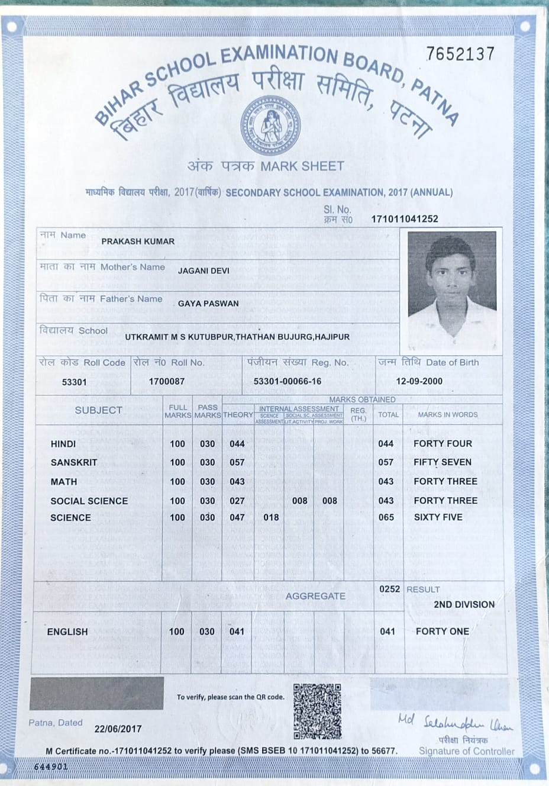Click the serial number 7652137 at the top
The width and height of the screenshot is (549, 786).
click(460, 54)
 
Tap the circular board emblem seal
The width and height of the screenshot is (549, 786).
click(270, 126)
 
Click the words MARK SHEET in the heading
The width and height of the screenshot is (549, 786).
click(302, 166)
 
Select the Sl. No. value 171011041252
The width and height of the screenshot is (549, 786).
click(405, 219)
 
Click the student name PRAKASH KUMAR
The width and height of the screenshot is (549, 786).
click(138, 241)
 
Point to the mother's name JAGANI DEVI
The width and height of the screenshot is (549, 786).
click(204, 270)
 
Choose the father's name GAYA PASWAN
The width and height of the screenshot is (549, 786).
click(208, 304)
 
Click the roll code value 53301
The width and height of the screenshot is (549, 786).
click(75, 382)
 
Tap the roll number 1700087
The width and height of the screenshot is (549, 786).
click(167, 382)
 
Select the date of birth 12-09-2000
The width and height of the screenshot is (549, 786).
click(419, 381)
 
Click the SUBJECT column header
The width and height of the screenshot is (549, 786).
click(99, 410)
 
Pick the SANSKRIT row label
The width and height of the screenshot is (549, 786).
click(74, 462)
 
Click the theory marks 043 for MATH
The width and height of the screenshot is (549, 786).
click(237, 482)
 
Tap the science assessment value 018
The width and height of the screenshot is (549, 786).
click(271, 517)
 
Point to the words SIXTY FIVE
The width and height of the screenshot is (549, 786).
click(438, 517)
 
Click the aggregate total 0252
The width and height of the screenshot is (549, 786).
click(389, 589)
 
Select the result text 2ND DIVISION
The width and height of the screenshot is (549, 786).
click(464, 604)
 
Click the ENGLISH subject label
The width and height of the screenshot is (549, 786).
click(67, 632)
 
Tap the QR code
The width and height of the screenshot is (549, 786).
click(318, 711)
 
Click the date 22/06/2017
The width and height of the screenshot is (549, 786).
click(118, 729)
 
